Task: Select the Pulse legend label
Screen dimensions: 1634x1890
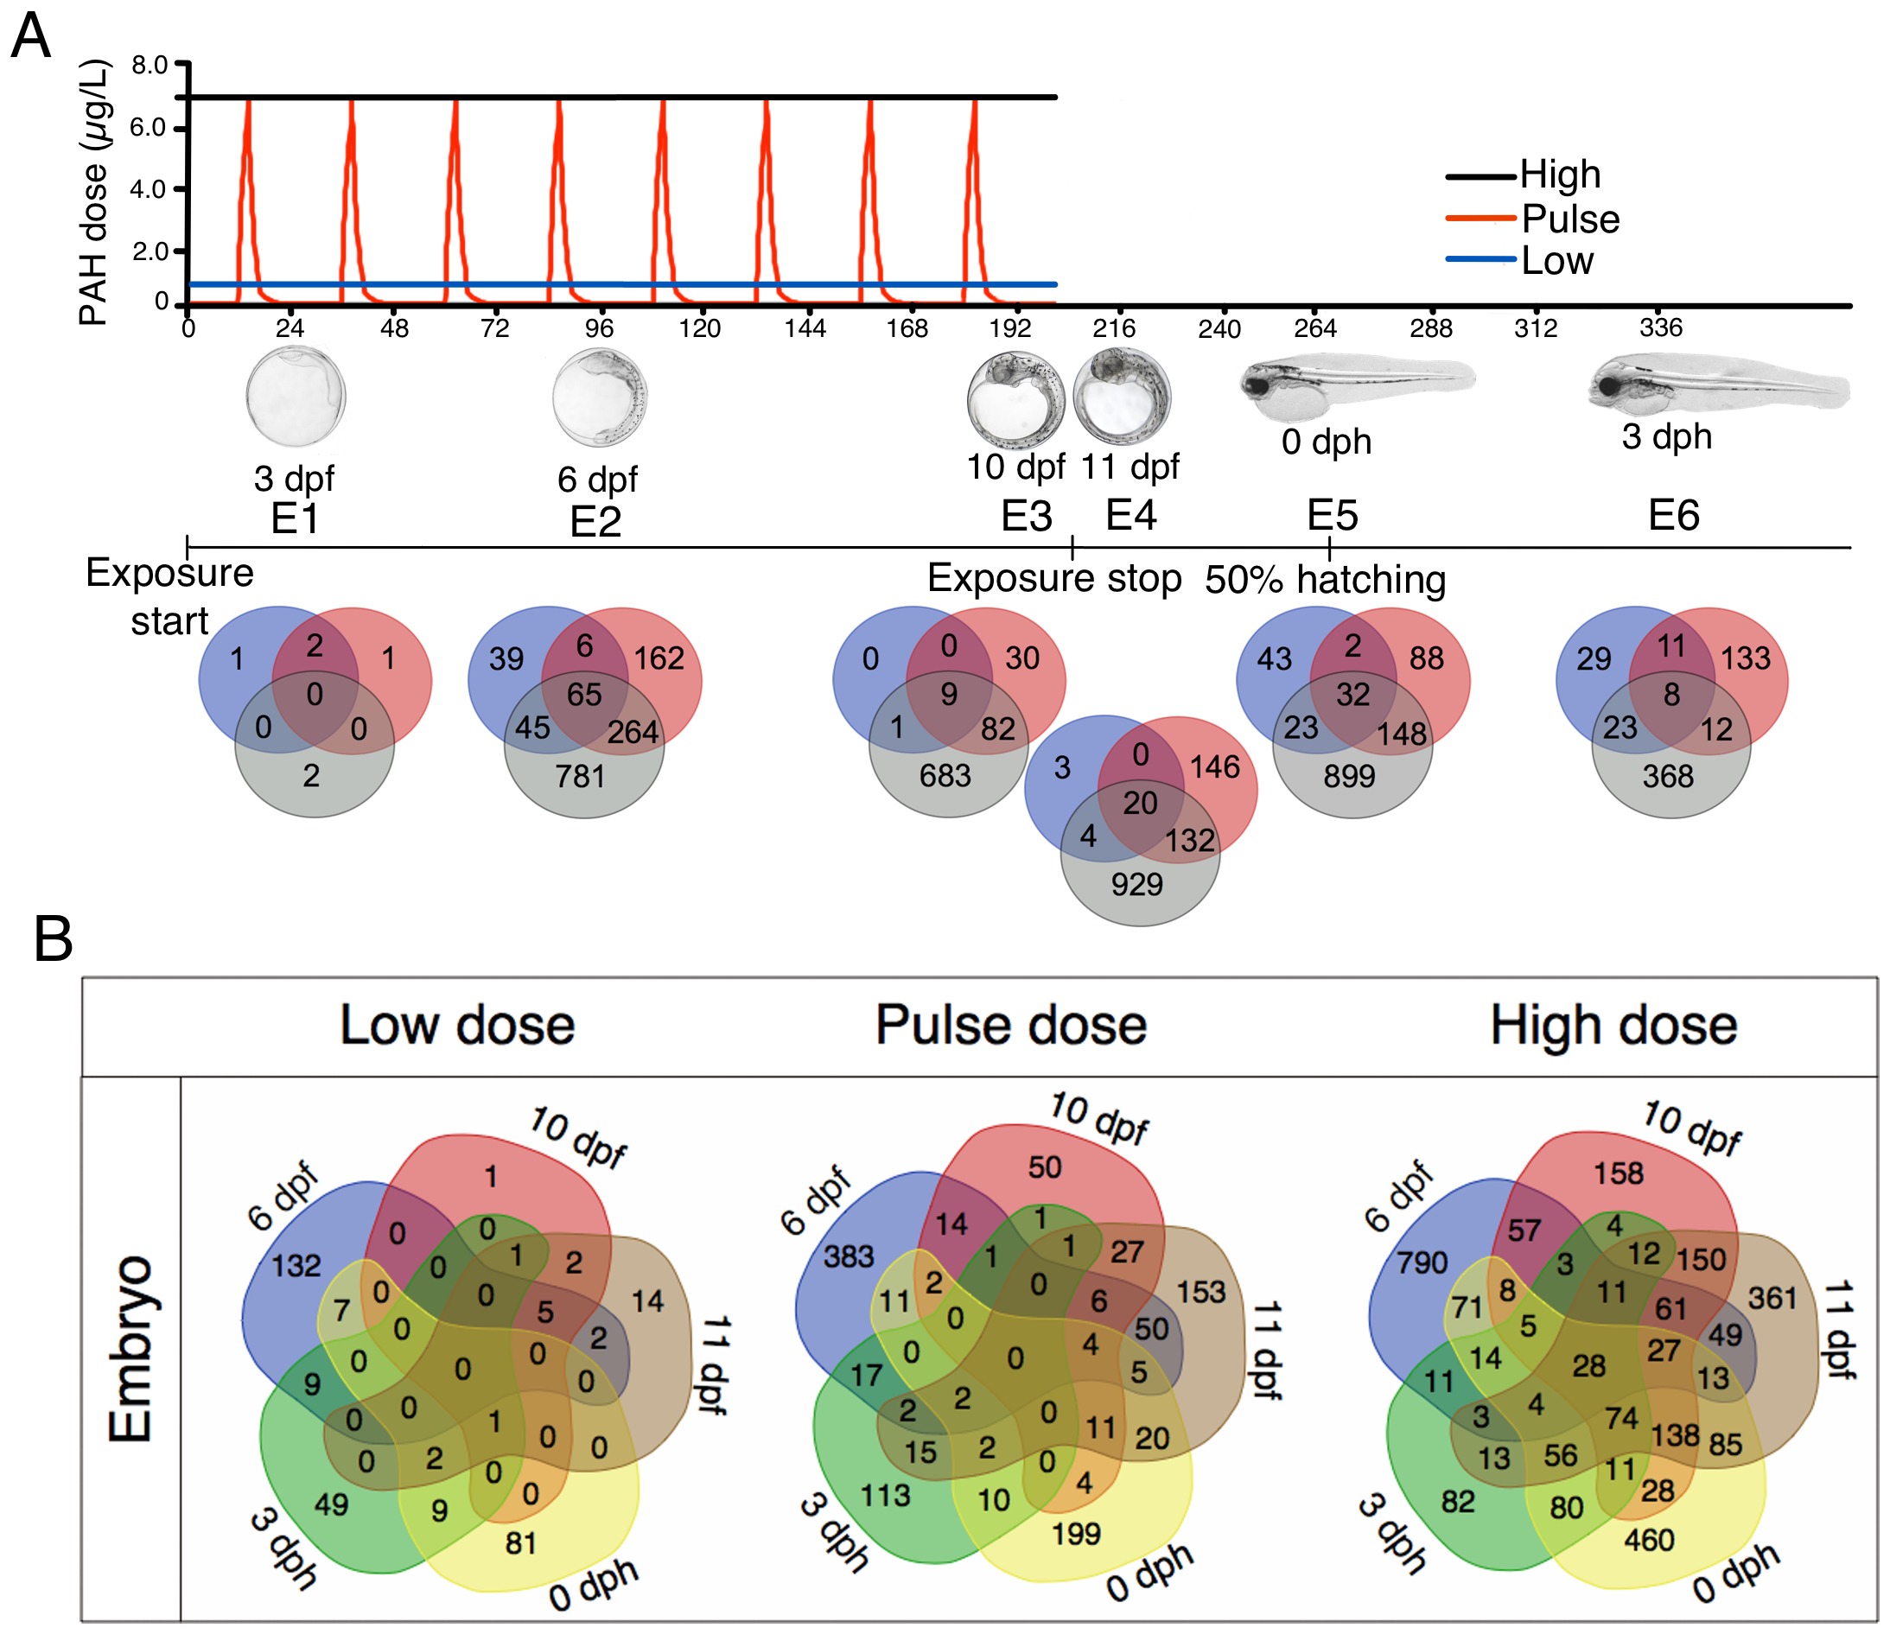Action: (x=1570, y=219)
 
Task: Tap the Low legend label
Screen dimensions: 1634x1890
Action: (x=1557, y=261)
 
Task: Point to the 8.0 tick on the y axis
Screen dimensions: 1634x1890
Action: (x=150, y=65)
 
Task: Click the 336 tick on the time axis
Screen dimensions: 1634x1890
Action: (x=1660, y=327)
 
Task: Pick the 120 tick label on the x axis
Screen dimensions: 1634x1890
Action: (x=700, y=328)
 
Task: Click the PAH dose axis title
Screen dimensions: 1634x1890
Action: (x=93, y=192)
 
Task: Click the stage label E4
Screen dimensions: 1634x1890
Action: (x=1131, y=515)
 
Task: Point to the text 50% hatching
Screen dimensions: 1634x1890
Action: (x=1325, y=579)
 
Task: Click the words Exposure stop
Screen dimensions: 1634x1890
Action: (x=1053, y=578)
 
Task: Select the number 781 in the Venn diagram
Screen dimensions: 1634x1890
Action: (x=581, y=776)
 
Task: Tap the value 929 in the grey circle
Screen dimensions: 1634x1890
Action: (x=1136, y=884)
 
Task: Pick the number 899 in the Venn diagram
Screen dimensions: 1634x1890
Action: (x=1349, y=776)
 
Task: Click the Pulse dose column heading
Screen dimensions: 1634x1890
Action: (x=1010, y=1025)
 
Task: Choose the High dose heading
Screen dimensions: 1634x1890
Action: (x=1613, y=1025)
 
